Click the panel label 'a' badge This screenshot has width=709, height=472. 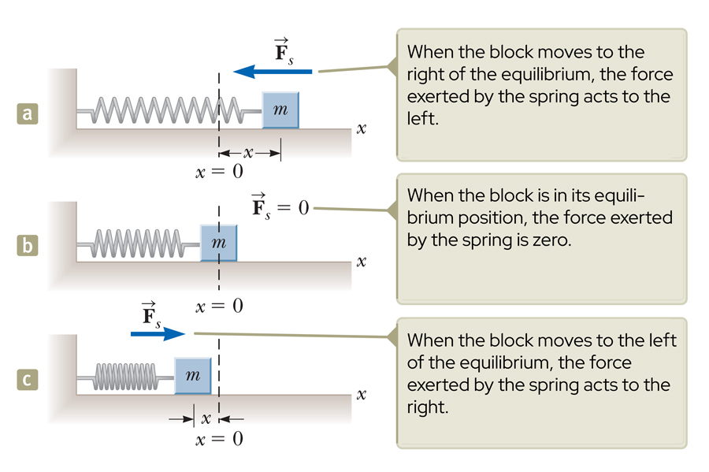pos(29,114)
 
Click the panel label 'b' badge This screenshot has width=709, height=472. pos(29,247)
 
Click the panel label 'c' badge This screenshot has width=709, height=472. pos(29,380)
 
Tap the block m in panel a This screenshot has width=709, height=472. pos(280,111)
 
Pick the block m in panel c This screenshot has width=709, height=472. pos(192,376)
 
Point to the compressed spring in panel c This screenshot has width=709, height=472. pos(126,377)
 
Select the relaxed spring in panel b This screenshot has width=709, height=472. pos(139,243)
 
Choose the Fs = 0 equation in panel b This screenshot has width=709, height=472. pos(277,207)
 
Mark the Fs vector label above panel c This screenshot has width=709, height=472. pos(150,314)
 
